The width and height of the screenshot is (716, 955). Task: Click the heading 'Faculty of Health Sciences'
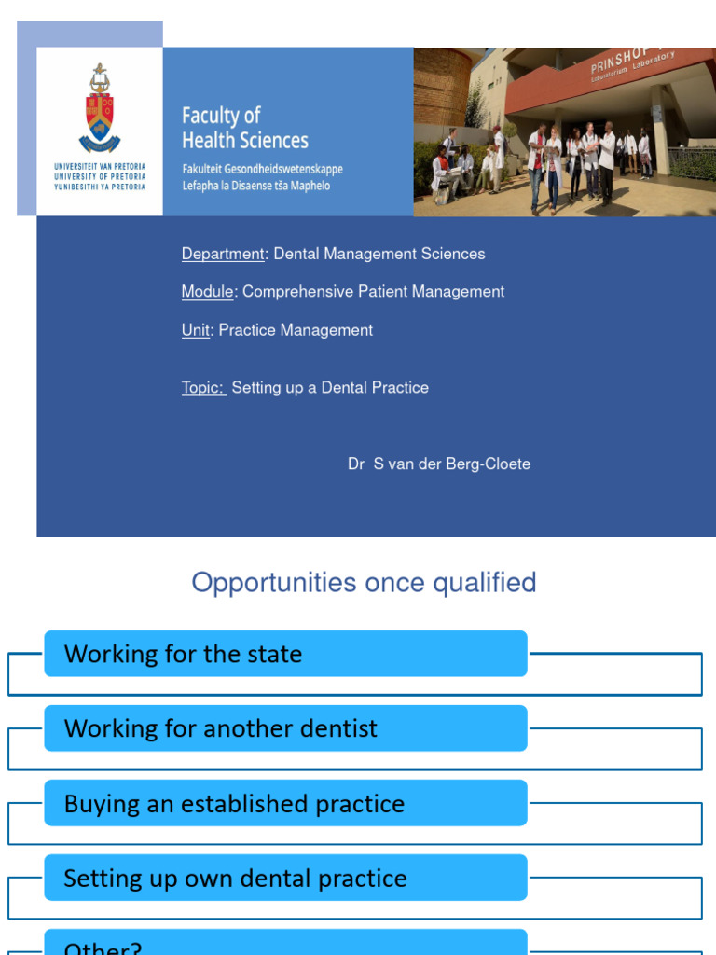pos(244,128)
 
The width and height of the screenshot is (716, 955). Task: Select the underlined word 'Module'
pos(207,292)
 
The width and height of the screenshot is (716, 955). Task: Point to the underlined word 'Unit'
pos(196,330)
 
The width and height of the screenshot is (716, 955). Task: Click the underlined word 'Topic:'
pos(203,388)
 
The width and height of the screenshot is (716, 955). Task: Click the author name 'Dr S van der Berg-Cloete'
pos(438,464)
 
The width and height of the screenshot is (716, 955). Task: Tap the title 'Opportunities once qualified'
pos(364,583)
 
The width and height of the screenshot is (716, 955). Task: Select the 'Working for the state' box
pos(285,654)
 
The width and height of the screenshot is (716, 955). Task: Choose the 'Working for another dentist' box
pos(285,728)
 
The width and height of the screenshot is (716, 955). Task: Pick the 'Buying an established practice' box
pos(285,803)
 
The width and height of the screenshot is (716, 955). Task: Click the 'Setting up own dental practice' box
pos(285,878)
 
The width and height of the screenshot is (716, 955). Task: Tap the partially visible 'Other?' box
pos(285,944)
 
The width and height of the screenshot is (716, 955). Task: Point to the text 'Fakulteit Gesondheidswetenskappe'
pos(262,170)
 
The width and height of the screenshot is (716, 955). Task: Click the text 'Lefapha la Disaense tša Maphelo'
pos(255,186)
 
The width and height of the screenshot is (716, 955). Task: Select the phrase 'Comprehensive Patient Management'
pos(373,292)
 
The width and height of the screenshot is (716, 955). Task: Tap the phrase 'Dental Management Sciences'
pos(379,254)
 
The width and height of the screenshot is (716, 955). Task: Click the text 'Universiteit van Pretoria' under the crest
pos(100,166)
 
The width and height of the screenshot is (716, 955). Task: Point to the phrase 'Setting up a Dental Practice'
pos(330,388)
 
